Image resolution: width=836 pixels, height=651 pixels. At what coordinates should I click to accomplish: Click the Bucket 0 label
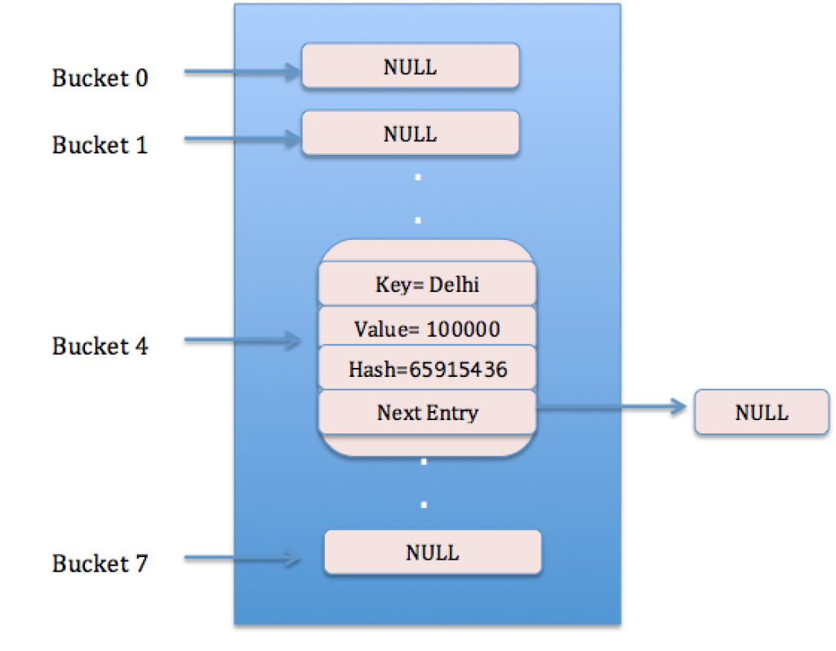pos(100,78)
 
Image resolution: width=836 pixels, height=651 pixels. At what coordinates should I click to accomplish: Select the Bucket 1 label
pos(100,145)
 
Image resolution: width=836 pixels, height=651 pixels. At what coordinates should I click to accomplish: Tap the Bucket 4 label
pos(100,346)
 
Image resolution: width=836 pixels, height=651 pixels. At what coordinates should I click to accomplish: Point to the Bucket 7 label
pos(100,564)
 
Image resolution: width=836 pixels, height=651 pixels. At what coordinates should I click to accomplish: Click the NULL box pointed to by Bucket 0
pos(411,66)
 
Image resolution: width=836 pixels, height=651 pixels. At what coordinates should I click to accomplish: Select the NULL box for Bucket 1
pos(411,133)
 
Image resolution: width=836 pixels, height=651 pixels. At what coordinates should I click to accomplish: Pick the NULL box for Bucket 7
pos(433,552)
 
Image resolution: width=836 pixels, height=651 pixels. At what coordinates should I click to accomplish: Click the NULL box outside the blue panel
pos(762,412)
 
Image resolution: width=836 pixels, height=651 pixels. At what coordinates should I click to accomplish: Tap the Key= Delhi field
pos(427,285)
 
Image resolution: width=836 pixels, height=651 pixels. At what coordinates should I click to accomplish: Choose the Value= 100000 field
pos(427,329)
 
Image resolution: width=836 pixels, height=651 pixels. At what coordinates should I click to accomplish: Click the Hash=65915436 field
pos(427,370)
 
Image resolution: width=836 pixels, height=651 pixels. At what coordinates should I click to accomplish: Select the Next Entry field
pos(427,413)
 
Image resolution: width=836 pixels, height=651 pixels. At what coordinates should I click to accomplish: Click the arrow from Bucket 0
pos(242,73)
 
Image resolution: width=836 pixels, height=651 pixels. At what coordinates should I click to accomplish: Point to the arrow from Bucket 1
pos(242,139)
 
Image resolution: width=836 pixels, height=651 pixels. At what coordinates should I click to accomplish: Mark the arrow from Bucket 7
pos(242,559)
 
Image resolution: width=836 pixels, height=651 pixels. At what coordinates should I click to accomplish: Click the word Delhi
pos(454,285)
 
